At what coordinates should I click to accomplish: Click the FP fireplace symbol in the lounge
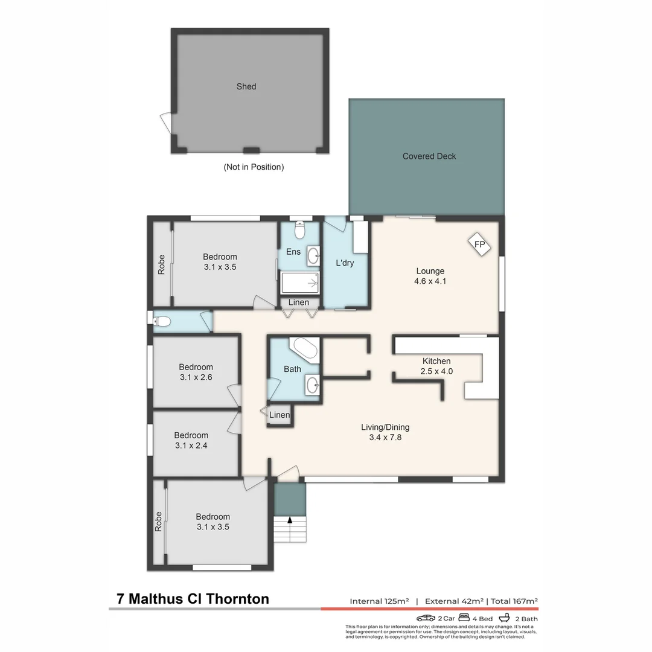[480, 245]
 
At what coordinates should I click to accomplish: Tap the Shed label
[246, 86]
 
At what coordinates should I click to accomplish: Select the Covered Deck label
[429, 156]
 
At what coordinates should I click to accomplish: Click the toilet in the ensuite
[299, 230]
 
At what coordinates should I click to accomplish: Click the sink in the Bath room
[312, 385]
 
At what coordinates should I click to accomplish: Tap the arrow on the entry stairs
[290, 519]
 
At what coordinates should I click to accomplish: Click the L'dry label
[345, 263]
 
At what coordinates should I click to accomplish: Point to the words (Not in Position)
[254, 167]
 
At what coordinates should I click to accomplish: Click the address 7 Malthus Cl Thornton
[193, 599]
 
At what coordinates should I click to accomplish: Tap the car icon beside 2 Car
[426, 618]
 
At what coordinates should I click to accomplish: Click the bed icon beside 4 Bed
[464, 618]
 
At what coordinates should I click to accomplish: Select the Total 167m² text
[514, 601]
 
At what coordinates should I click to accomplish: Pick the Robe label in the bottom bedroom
[159, 521]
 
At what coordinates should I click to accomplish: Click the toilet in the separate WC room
[164, 321]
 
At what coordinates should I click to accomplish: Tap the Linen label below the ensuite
[299, 302]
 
